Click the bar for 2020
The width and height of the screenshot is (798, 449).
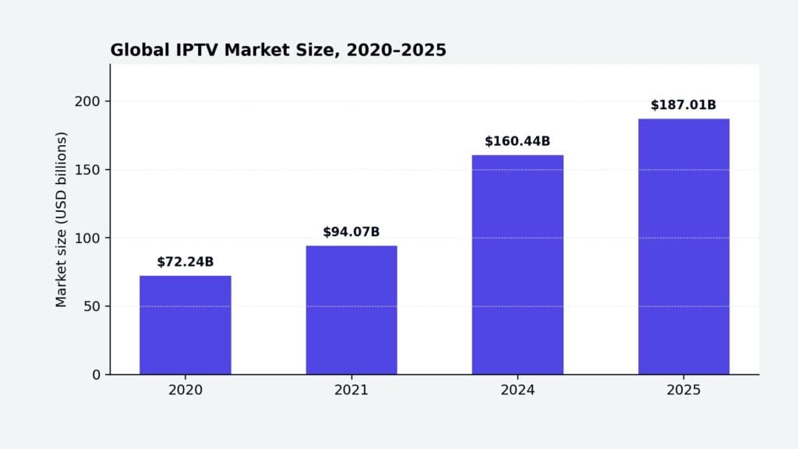click(x=185, y=325)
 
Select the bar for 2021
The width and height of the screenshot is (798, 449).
click(x=351, y=310)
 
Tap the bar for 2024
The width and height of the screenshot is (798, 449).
click(x=517, y=265)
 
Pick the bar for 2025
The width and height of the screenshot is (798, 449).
click(x=683, y=246)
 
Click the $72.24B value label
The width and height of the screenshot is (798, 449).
click(x=185, y=262)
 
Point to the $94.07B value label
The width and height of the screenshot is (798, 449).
click(x=351, y=232)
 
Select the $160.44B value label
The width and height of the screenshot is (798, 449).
click(x=517, y=141)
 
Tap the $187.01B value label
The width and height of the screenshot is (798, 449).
click(x=683, y=105)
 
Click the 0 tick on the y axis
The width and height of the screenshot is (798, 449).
click(x=96, y=375)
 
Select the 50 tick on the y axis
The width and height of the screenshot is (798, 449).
click(x=92, y=306)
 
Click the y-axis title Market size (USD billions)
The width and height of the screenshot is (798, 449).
click(x=62, y=219)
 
